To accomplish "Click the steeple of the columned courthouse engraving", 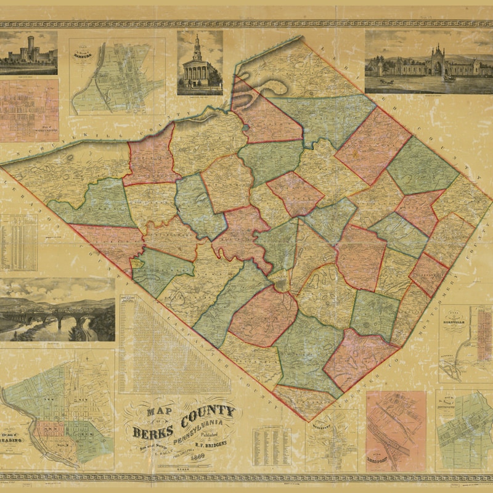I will [197, 46].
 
